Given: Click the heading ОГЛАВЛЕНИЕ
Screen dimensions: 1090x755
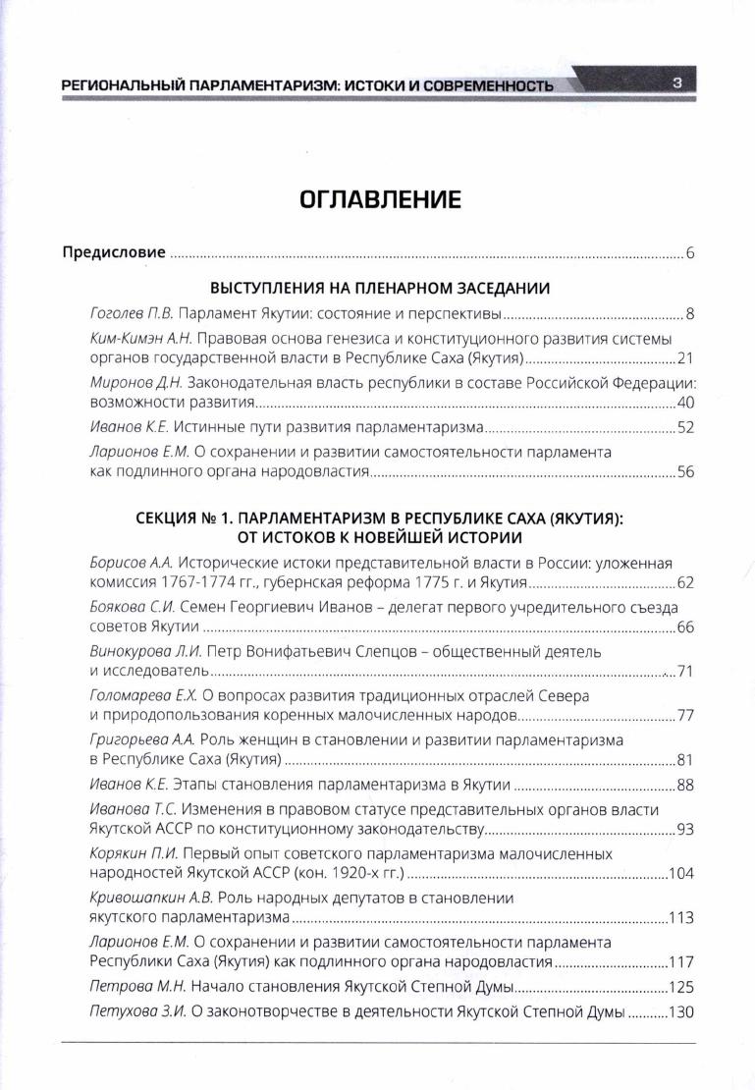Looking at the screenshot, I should coord(378,200).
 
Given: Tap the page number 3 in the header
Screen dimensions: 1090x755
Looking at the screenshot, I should coord(677,82).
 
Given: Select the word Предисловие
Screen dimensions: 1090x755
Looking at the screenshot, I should coord(114,252).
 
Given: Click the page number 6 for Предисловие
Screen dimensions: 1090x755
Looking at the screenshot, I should coord(690,253).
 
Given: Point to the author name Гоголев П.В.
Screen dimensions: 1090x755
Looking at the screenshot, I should coord(130,314).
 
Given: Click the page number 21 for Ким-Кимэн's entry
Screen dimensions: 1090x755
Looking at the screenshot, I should coord(685,358).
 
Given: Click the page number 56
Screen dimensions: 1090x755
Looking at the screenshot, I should coord(685,471).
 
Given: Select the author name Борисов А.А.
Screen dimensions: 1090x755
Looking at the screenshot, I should coord(131,563).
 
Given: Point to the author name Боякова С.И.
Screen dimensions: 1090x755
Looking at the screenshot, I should coord(132,608).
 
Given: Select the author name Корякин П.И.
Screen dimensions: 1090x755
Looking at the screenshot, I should coord(130,853).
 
